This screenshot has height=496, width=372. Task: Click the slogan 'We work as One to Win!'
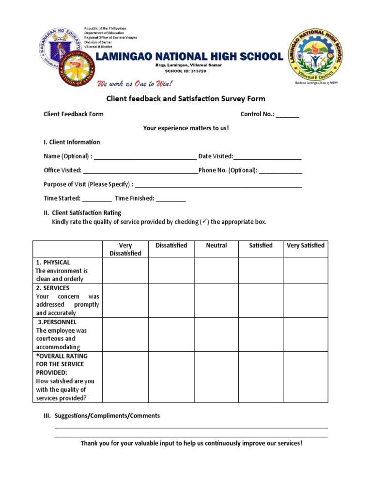pos(135,84)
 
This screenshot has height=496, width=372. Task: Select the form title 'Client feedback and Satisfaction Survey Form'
pos(186,99)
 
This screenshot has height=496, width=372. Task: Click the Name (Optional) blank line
pos(145,157)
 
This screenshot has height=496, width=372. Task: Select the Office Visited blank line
pos(140,171)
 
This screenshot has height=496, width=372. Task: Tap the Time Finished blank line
pos(170,199)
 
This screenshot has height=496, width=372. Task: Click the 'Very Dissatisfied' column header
pos(125,249)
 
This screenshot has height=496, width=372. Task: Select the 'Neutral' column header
pos(216,246)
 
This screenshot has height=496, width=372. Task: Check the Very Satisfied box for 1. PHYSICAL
pos(306,270)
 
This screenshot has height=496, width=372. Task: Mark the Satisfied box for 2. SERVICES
pos(261,300)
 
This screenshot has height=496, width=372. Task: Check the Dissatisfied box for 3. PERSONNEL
pos(171,334)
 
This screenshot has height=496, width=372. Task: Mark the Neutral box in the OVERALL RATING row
pos(216,377)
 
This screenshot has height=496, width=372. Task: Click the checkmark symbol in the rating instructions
pos(205,222)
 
